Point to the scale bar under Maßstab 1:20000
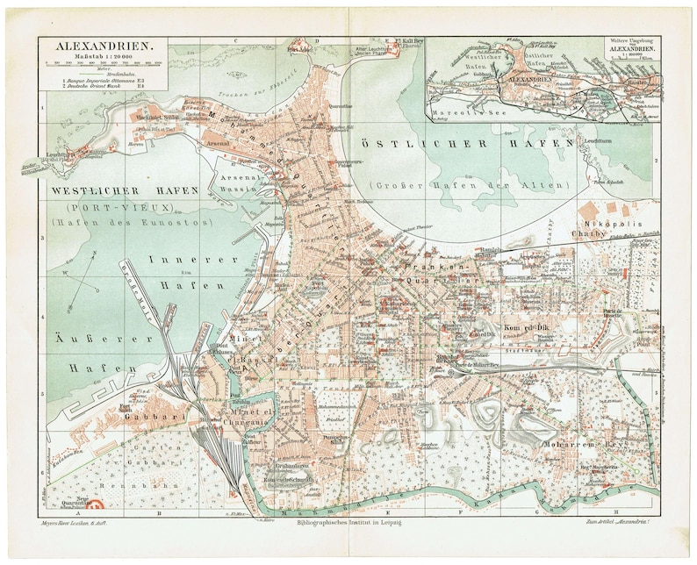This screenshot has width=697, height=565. (104, 63)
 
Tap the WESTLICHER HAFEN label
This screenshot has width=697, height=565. (124, 190)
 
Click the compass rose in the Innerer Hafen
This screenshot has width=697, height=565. (79, 285)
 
